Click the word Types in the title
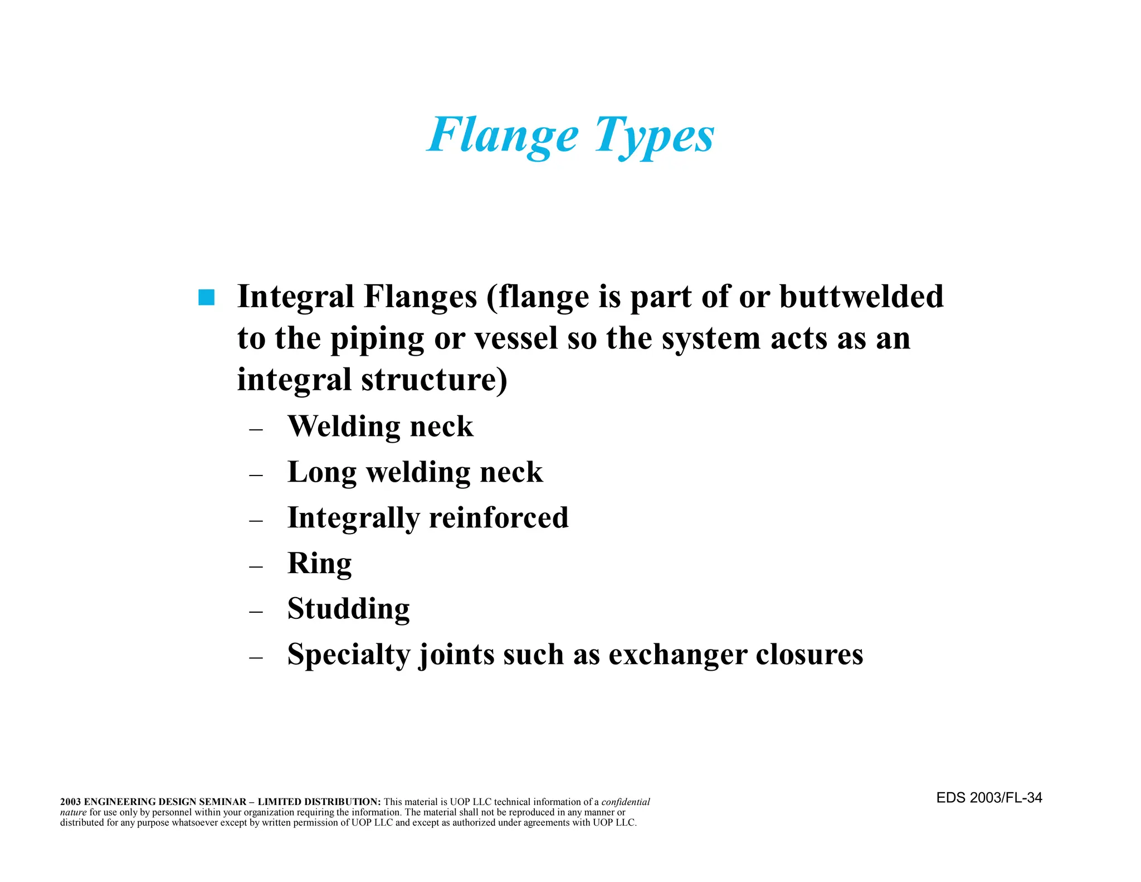[654, 135]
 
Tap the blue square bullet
[206, 298]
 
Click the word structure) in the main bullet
[434, 380]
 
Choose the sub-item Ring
[319, 563]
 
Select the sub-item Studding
[348, 608]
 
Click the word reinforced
[499, 517]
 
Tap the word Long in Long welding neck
[321, 473]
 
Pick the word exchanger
[677, 655]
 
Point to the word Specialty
[349, 655]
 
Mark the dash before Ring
[256, 566]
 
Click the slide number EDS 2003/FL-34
[989, 798]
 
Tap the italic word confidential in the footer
[625, 802]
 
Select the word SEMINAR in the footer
[222, 802]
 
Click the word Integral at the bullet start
[296, 296]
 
